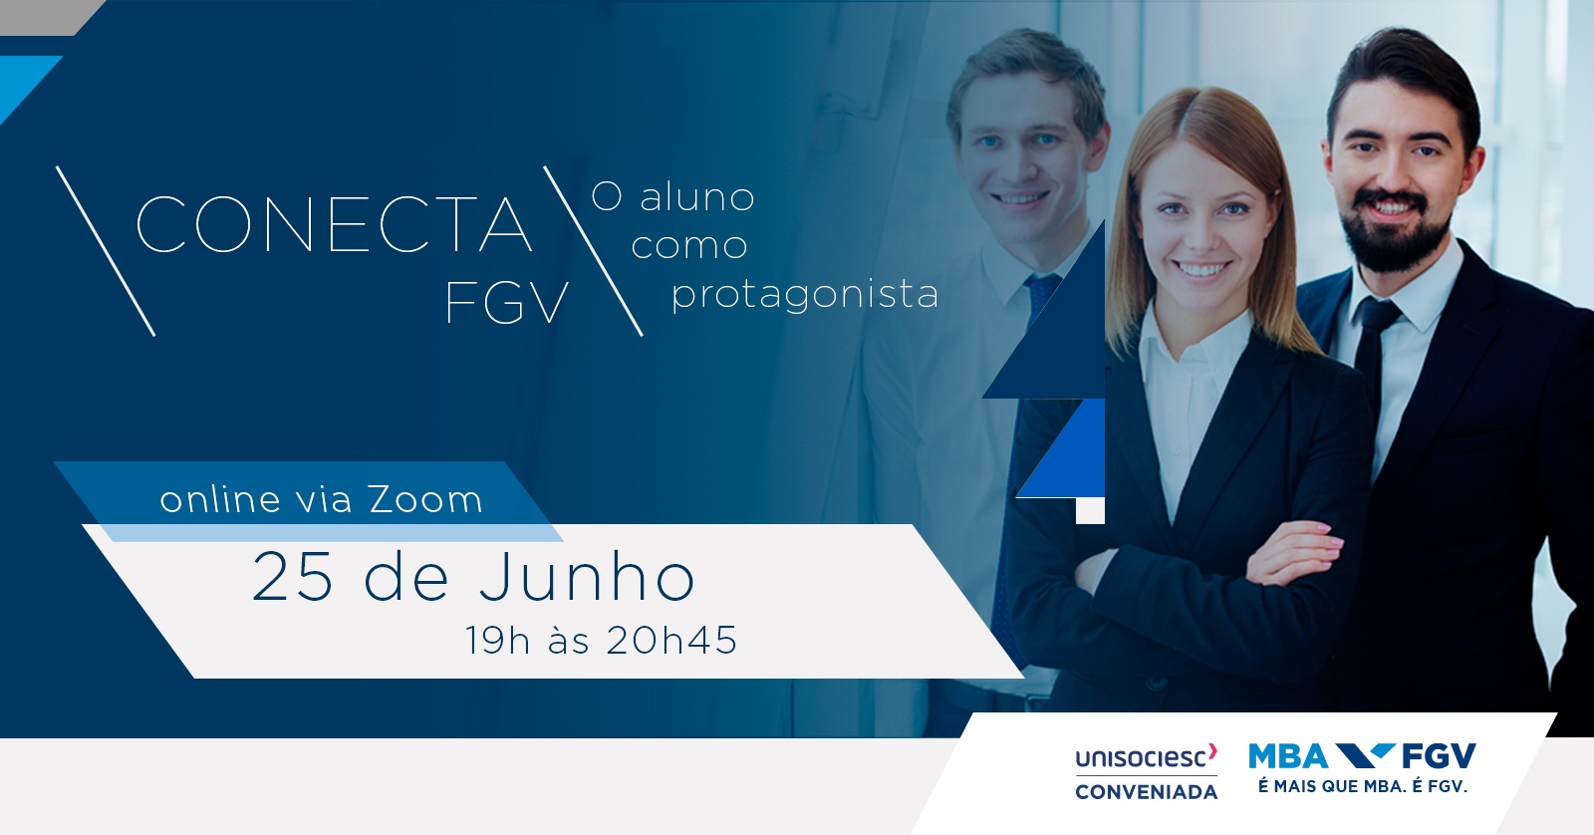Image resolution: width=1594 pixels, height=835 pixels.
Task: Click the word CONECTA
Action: (334, 224)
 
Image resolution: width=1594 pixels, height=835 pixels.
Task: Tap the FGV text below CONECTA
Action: (507, 303)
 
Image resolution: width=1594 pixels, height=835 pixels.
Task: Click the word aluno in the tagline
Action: (696, 197)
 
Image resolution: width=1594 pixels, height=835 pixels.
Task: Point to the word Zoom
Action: (425, 500)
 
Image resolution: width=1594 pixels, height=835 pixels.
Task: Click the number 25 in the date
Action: (293, 578)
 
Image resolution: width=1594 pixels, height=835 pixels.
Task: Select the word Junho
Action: (587, 577)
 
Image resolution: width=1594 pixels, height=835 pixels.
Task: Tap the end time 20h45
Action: (671, 640)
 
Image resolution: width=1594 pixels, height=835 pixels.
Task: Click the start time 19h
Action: (497, 640)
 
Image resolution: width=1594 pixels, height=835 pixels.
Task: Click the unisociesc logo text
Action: (1146, 756)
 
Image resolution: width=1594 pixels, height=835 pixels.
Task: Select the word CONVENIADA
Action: (1146, 792)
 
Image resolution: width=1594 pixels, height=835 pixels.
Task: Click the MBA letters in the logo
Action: (1289, 756)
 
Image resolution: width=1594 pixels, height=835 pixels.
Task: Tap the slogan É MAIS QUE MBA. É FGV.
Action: (1363, 786)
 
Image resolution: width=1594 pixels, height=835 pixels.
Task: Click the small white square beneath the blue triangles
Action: (1090, 511)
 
